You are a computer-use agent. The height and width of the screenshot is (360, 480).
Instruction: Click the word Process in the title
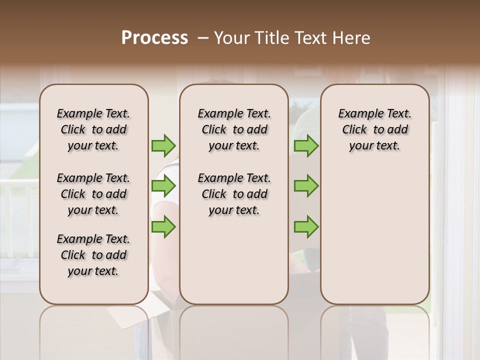(154, 38)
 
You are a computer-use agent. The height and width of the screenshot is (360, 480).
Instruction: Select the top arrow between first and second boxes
(163, 146)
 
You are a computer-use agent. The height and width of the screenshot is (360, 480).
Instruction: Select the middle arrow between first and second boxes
(163, 186)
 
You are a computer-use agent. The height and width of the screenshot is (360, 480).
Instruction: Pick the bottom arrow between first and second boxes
(163, 227)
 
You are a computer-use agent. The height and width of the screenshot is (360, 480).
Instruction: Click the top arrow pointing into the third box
(306, 146)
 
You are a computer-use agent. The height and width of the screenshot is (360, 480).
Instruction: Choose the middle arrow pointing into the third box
(306, 186)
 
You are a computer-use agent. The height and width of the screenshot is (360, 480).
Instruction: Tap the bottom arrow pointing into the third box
(306, 227)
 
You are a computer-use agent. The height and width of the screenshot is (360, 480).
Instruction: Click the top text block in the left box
(93, 129)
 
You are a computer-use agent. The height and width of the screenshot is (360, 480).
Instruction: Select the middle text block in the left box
(93, 194)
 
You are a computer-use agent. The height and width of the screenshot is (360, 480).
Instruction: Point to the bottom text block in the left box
(93, 255)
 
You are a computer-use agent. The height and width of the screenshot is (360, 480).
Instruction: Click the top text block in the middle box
(234, 129)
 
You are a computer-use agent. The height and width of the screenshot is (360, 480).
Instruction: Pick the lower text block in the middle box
(234, 194)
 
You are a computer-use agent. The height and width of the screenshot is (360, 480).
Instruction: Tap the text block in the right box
(374, 129)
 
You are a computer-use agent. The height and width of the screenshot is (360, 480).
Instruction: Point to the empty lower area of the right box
(374, 230)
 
